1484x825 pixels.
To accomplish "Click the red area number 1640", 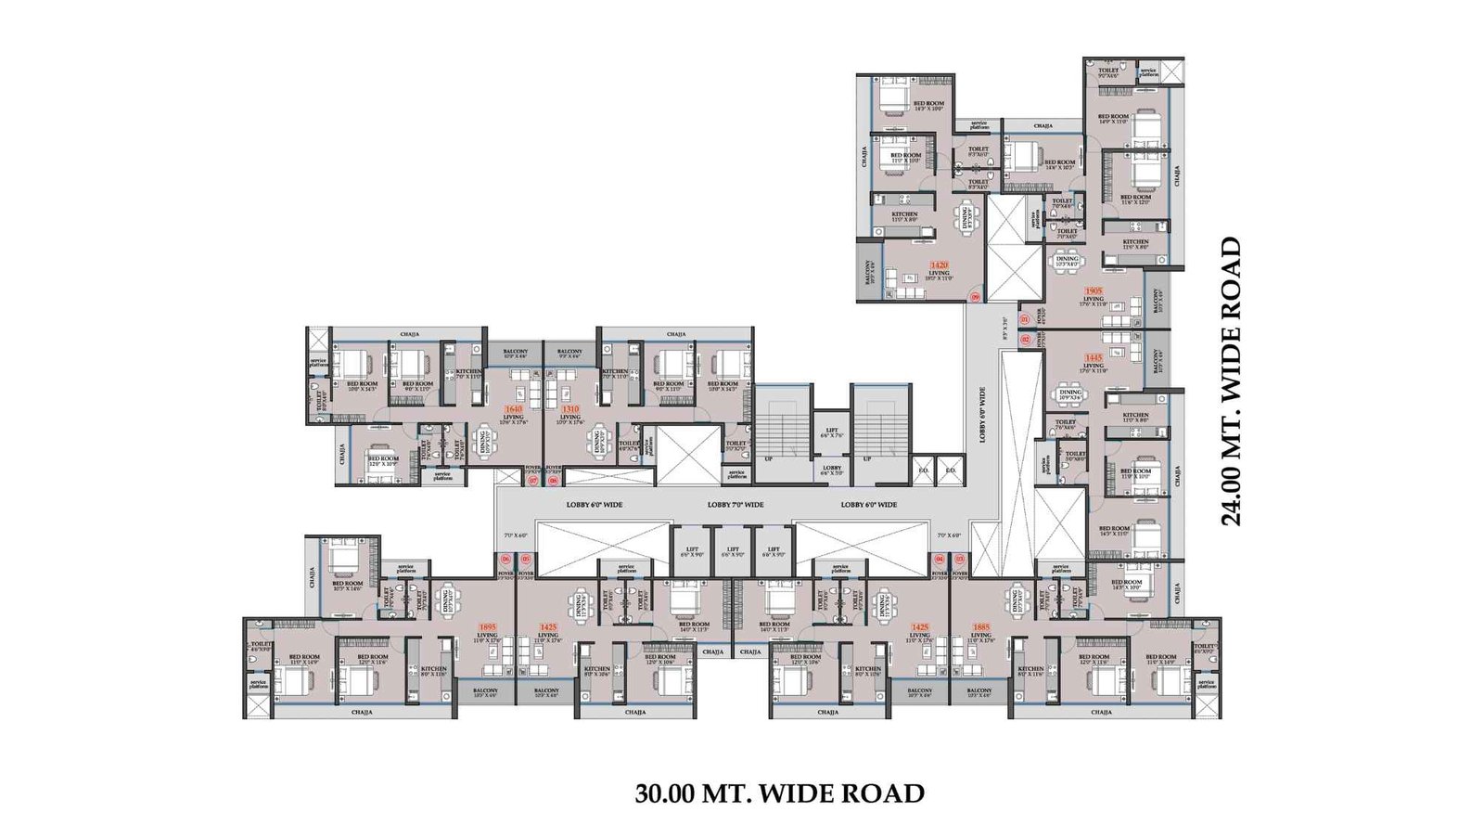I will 513,408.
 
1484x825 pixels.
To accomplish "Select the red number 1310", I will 569,408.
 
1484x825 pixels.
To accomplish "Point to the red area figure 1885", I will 981,626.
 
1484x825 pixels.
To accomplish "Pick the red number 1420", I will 939,264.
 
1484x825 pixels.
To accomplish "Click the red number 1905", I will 1093,290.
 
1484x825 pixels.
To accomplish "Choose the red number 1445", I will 1094,357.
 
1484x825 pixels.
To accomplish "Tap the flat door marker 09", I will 975,297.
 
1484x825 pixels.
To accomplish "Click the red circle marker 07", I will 532,481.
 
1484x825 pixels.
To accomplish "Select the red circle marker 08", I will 554,481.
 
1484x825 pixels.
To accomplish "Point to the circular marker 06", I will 505,560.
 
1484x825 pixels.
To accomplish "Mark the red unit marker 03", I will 960,560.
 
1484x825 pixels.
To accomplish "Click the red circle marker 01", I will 1025,320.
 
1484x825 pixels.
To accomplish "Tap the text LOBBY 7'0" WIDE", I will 736,505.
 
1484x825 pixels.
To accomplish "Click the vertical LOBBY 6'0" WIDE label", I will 983,414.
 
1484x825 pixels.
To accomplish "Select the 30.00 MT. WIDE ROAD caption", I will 779,793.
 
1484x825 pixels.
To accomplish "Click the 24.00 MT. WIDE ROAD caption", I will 1231,381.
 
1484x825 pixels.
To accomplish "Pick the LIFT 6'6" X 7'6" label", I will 832,433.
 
